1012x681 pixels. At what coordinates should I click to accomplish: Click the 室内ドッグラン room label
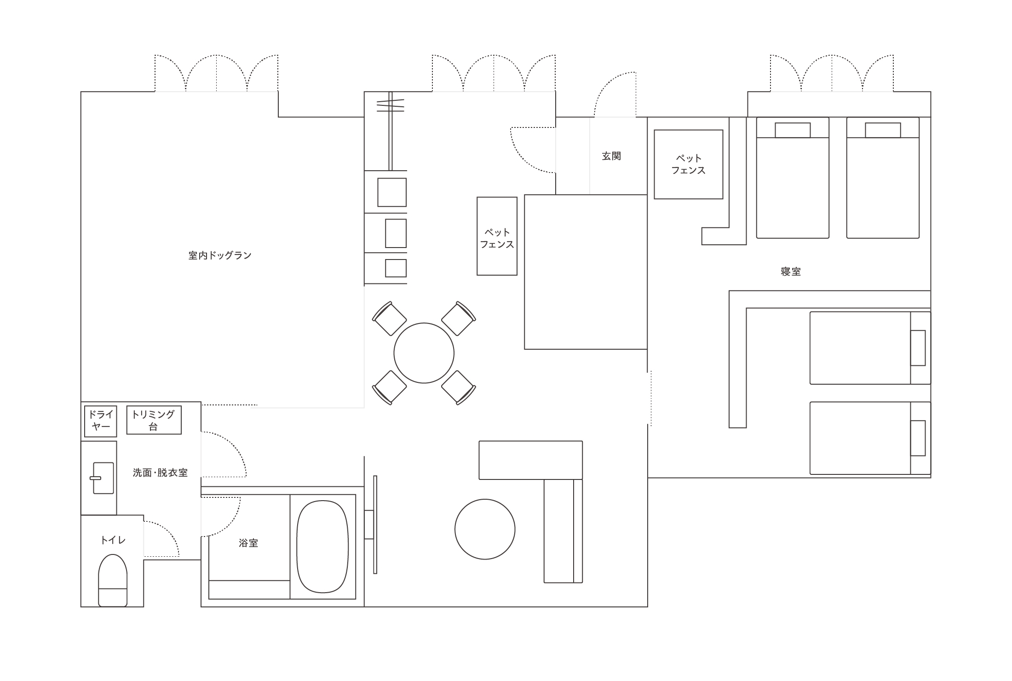[220, 255]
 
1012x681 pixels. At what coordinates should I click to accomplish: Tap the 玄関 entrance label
[611, 156]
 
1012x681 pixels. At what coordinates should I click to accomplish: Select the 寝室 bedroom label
[791, 271]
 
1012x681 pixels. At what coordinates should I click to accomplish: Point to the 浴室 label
[248, 543]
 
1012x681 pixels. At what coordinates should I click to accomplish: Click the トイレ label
[113, 540]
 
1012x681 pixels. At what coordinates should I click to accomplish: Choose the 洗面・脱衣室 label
[160, 473]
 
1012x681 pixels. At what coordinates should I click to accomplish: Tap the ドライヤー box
[101, 421]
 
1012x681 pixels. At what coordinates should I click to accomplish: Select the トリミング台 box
[154, 420]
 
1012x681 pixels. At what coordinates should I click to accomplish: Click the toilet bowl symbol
[113, 580]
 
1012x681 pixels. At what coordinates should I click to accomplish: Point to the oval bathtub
[322, 547]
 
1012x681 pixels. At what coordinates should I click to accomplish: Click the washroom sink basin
[103, 478]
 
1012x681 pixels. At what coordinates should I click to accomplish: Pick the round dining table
[424, 353]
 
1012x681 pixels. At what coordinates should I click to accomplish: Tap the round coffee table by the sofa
[485, 529]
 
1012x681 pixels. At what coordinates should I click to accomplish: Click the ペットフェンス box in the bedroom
[689, 164]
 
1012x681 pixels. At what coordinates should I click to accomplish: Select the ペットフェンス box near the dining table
[497, 236]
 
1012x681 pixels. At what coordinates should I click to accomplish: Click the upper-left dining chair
[389, 318]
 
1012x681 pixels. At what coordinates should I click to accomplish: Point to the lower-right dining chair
[459, 387]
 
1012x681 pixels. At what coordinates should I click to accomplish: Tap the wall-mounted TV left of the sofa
[375, 525]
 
